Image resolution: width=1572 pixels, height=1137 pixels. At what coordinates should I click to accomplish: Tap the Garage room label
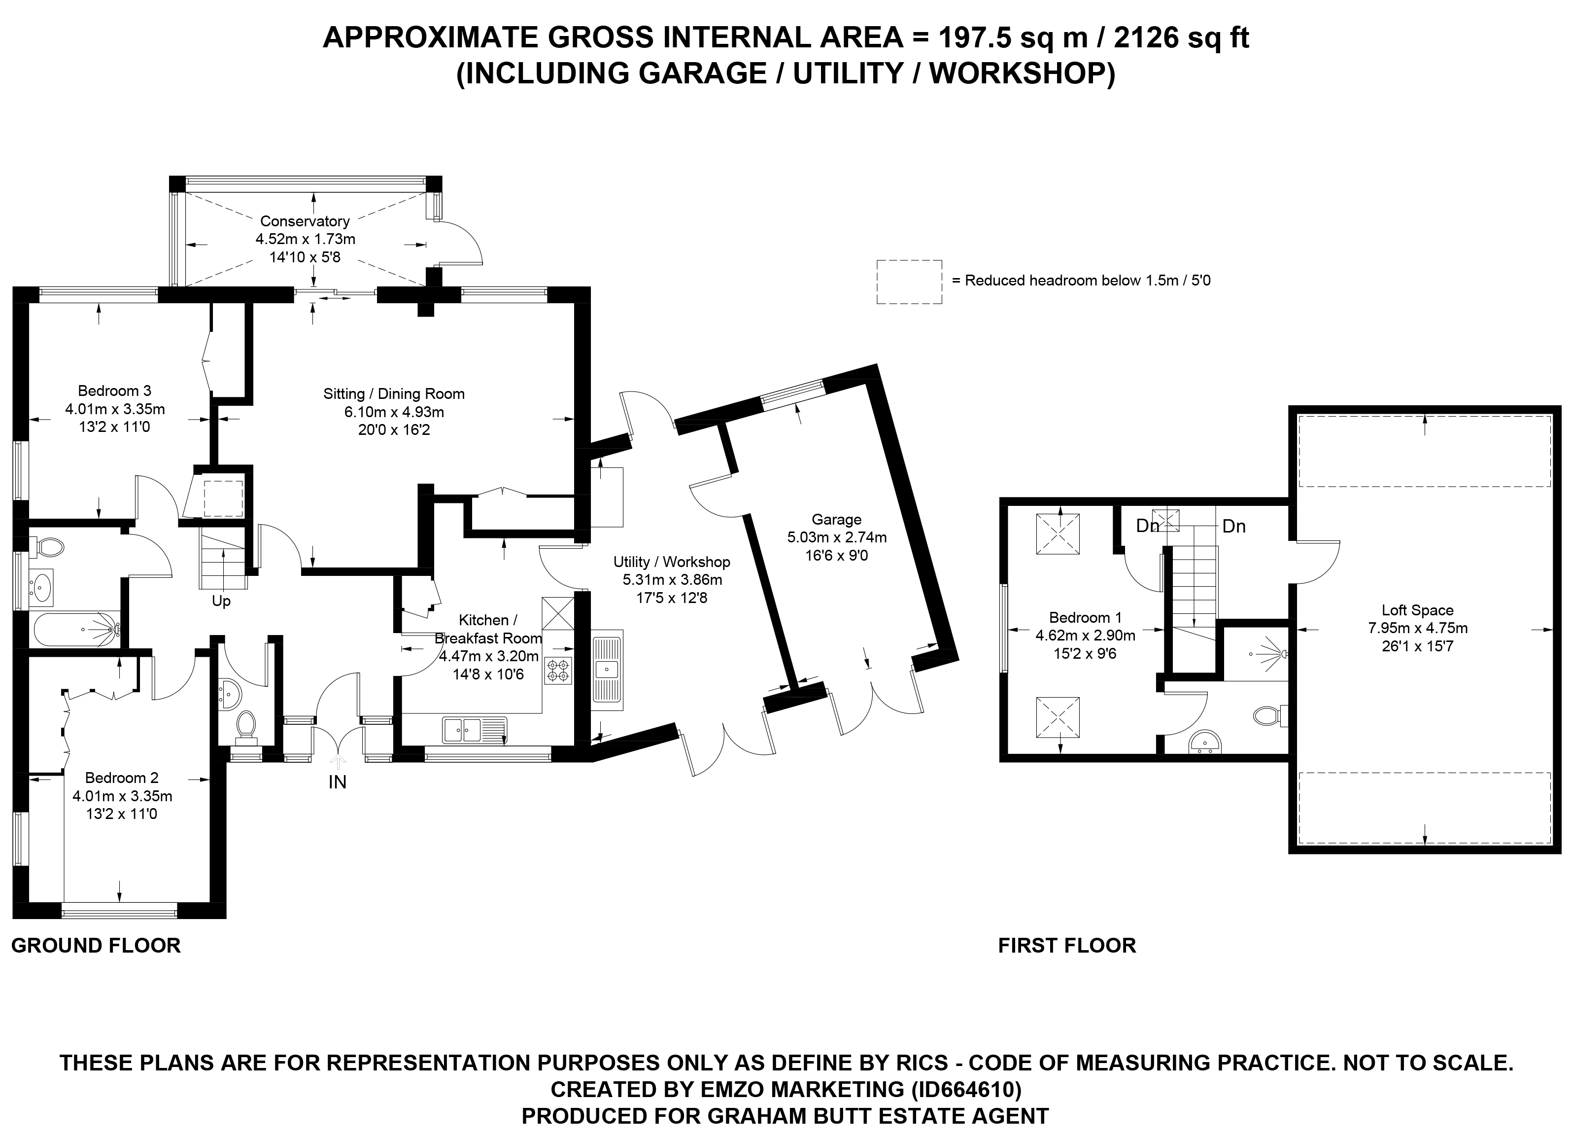pos(837,519)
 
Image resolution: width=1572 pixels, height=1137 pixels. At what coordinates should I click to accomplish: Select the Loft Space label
pos(1417,610)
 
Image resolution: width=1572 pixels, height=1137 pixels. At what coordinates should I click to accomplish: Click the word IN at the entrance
pos(338,782)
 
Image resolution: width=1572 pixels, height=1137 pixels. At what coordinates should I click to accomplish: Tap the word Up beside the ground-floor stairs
pos(221,601)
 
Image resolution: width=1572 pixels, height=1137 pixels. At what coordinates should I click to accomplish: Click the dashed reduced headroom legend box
pos(909,282)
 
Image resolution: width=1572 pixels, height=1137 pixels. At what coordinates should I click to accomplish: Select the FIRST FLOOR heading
pos(1067,946)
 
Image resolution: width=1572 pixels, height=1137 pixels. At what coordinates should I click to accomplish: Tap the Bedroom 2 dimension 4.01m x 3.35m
pos(122,796)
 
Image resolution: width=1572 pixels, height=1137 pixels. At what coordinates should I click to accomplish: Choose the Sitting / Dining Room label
pos(394,394)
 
